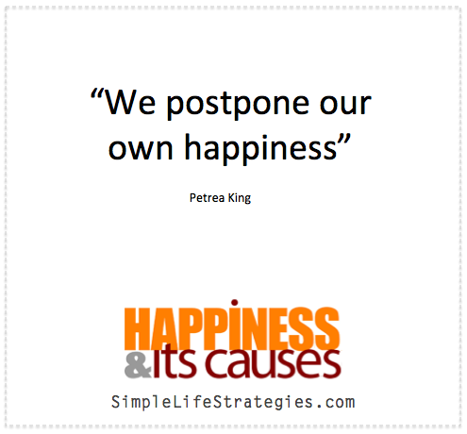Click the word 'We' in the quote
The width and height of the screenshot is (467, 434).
pyautogui.click(x=130, y=102)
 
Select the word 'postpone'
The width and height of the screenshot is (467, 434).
pyautogui.click(x=238, y=105)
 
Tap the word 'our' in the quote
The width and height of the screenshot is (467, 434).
pyautogui.click(x=345, y=104)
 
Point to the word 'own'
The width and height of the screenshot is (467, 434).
pyautogui.click(x=141, y=149)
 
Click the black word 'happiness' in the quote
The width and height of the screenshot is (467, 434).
pyautogui.click(x=260, y=149)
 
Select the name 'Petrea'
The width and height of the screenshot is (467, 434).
pyautogui.click(x=207, y=198)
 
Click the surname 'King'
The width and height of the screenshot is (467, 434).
pyautogui.click(x=240, y=198)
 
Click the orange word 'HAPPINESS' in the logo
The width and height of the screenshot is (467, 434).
pyautogui.click(x=232, y=328)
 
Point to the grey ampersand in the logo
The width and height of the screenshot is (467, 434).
pyautogui.click(x=138, y=365)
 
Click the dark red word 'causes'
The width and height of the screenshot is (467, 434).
pyautogui.click(x=274, y=364)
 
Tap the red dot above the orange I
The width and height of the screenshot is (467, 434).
pyautogui.click(x=234, y=303)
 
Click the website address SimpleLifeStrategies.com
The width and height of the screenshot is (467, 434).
pyautogui.click(x=233, y=403)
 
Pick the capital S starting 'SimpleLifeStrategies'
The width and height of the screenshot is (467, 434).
pyautogui.click(x=115, y=402)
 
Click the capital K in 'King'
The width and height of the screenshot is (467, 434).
pyautogui.click(x=231, y=198)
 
